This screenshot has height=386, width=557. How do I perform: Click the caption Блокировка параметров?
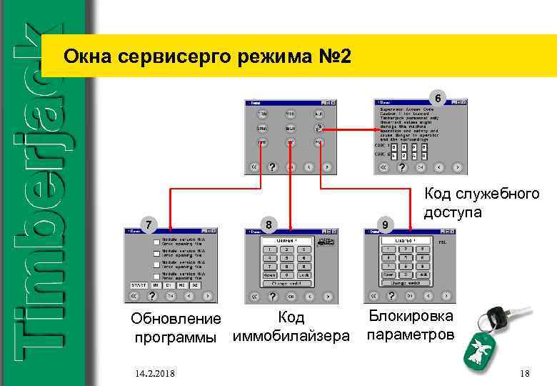pos(408,325)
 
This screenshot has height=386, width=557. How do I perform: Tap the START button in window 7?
pos(139,284)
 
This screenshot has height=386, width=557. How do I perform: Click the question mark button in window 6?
pos(403,167)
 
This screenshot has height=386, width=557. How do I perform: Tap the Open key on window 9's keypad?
pos(388,274)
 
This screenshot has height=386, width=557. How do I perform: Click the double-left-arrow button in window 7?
pos(135,295)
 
